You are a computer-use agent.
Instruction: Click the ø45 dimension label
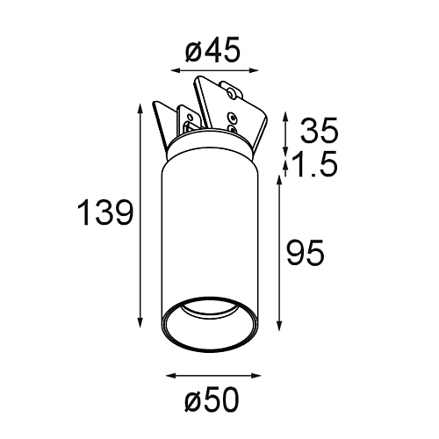pyautogui.click(x=212, y=50)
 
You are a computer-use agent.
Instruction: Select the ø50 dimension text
pyautogui.click(x=212, y=399)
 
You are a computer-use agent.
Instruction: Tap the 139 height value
pyautogui.click(x=105, y=212)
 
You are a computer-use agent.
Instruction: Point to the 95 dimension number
pyautogui.click(x=306, y=252)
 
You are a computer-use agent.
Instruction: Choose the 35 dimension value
pyautogui.click(x=320, y=130)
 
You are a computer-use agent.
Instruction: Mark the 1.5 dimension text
pyautogui.click(x=315, y=164)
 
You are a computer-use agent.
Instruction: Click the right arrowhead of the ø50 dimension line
pyautogui.click(x=255, y=376)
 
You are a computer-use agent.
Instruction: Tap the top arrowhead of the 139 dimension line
pyautogui.click(x=140, y=109)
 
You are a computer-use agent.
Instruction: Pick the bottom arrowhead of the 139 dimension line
pyautogui.click(x=140, y=322)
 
